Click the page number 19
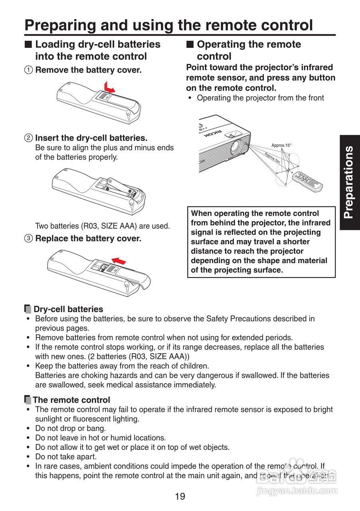[x=180, y=497]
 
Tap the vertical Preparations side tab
[x=350, y=182]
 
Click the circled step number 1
[x=28, y=70]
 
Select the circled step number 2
[x=28, y=138]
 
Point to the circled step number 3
[x=28, y=239]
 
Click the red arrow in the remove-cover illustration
[x=108, y=87]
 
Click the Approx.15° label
[x=281, y=145]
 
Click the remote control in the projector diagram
[x=307, y=182]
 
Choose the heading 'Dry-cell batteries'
[x=68, y=309]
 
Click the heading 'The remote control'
[x=71, y=400]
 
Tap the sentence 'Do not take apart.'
[x=66, y=456]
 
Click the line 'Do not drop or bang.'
[x=70, y=428]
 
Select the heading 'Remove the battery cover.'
[x=88, y=70]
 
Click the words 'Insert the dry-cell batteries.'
[x=91, y=138]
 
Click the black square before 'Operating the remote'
[x=190, y=44]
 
